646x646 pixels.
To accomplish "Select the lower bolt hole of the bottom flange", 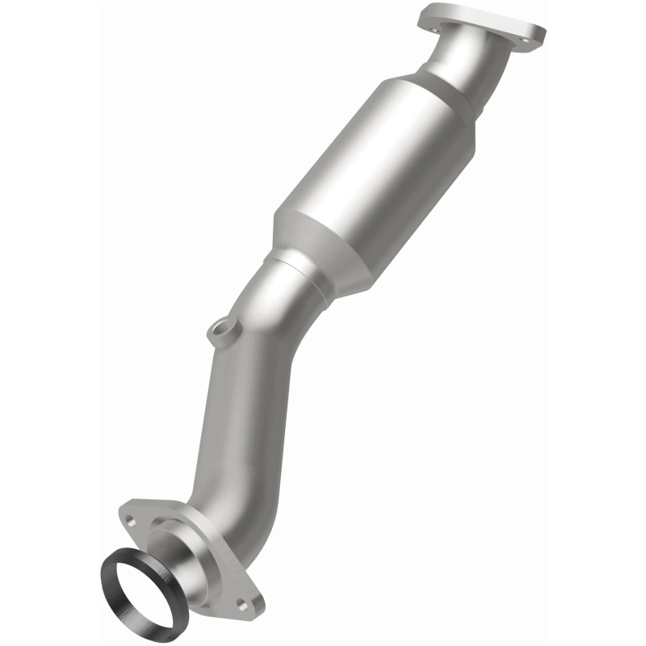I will coord(241,603).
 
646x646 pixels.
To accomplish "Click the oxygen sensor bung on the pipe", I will coord(219,332).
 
